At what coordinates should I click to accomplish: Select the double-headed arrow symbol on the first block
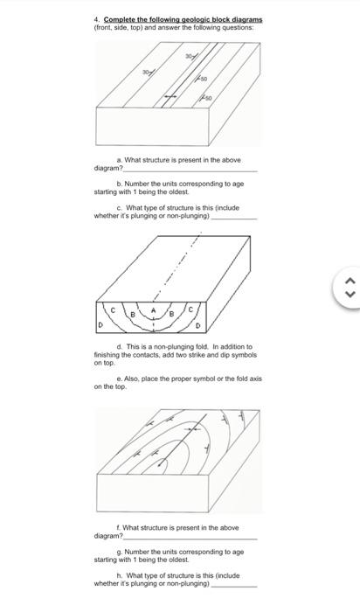coord(171,94)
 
